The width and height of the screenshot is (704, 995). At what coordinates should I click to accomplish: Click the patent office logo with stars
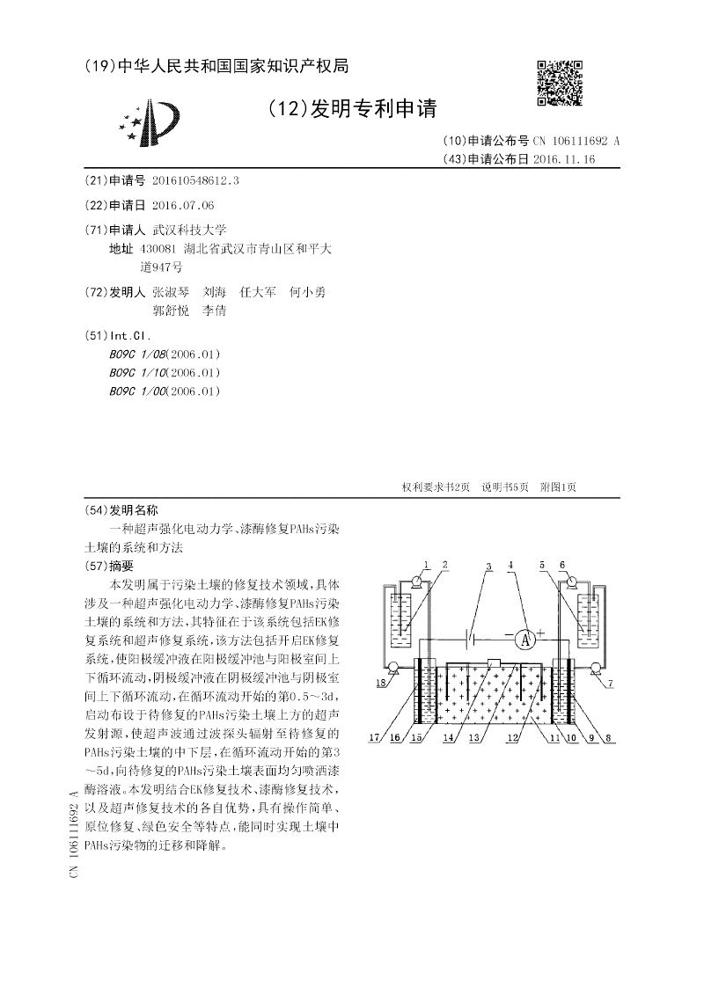[154, 123]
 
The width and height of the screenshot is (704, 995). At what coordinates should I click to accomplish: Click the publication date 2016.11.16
[564, 159]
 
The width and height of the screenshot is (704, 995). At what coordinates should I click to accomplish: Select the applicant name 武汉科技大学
[189, 229]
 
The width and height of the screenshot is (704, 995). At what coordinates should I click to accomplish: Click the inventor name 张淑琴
[170, 291]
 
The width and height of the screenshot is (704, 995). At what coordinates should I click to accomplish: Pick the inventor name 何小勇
[307, 291]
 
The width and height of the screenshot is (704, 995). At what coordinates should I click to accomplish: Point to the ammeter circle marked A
[526, 640]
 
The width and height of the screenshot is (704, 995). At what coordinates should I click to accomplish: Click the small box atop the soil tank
[494, 662]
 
